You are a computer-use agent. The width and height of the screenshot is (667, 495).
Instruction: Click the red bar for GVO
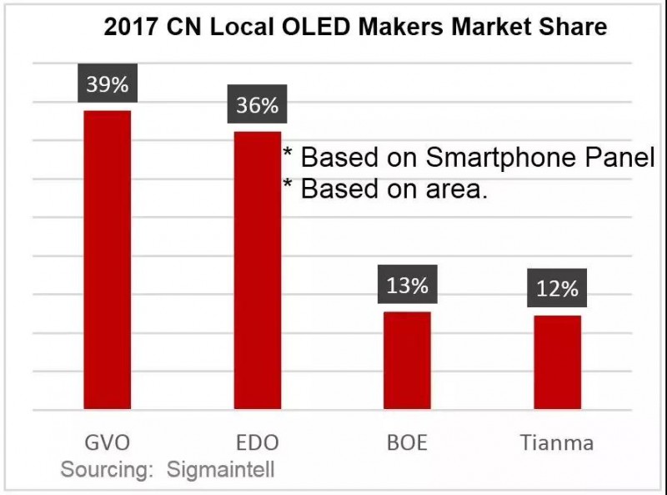point(107,260)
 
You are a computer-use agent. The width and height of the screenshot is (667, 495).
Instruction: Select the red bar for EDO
point(257,270)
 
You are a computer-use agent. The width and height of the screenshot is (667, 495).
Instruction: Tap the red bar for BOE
point(407,361)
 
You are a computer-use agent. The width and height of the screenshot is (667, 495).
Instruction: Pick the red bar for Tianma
point(557,363)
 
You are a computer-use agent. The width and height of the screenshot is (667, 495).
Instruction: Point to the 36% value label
point(257,107)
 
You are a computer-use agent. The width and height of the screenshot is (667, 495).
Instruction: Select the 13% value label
point(407,286)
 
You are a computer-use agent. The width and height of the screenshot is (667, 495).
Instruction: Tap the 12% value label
point(557,290)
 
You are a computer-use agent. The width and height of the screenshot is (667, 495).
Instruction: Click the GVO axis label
point(107,442)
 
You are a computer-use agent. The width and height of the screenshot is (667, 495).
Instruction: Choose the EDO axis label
point(257,442)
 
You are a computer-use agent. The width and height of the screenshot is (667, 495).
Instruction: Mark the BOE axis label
point(407,442)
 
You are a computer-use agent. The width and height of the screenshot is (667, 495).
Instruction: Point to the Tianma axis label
point(557,442)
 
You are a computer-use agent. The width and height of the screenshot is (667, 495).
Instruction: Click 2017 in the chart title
point(130,28)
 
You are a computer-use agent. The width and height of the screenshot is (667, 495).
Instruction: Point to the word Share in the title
point(574,28)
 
